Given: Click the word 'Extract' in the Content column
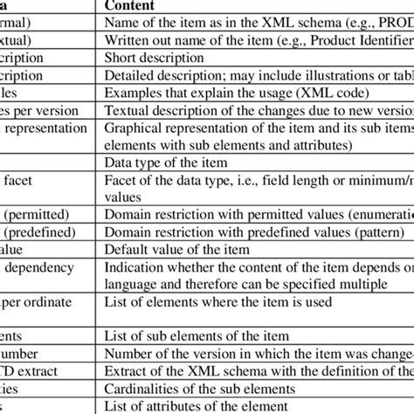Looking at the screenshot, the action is (x=127, y=369).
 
